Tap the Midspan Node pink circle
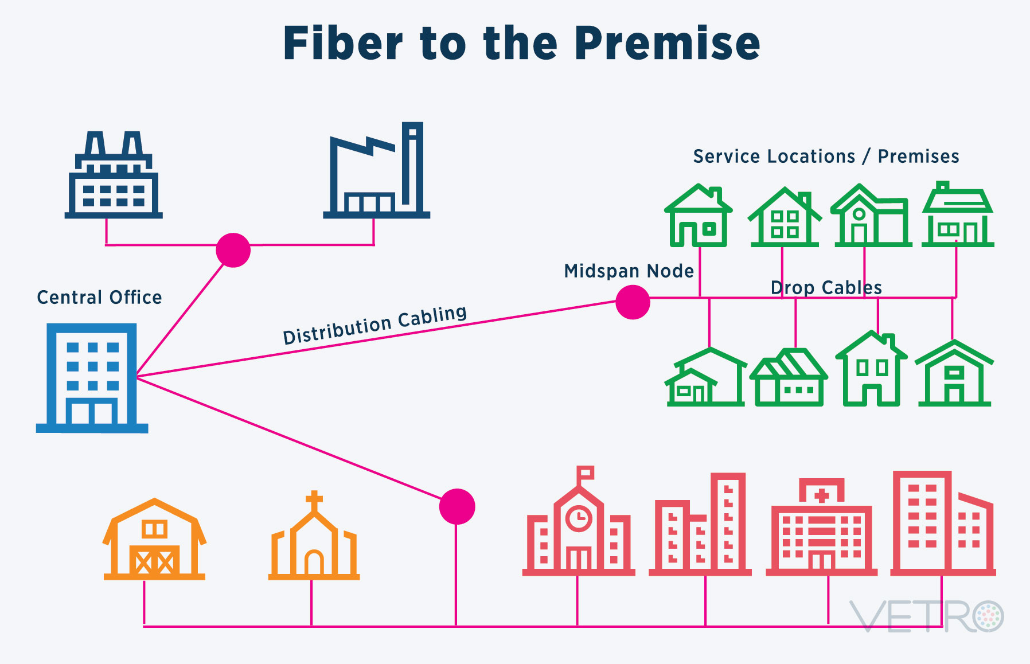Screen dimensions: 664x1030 point(633,302)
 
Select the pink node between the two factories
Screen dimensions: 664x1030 point(233,250)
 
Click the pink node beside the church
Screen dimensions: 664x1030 point(457,506)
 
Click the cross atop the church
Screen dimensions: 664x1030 point(314,500)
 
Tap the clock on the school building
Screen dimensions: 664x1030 point(579,518)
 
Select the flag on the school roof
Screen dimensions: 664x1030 point(586,473)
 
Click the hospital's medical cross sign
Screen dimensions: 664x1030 point(822,495)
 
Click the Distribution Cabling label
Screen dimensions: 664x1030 point(375,325)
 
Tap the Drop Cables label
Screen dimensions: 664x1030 point(826,287)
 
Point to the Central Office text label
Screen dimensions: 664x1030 point(99,297)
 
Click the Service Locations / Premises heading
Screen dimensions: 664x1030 point(826,156)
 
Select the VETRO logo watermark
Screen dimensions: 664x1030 point(926,616)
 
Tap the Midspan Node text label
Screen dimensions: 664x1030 point(629,271)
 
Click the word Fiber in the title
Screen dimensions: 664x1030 point(343,44)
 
